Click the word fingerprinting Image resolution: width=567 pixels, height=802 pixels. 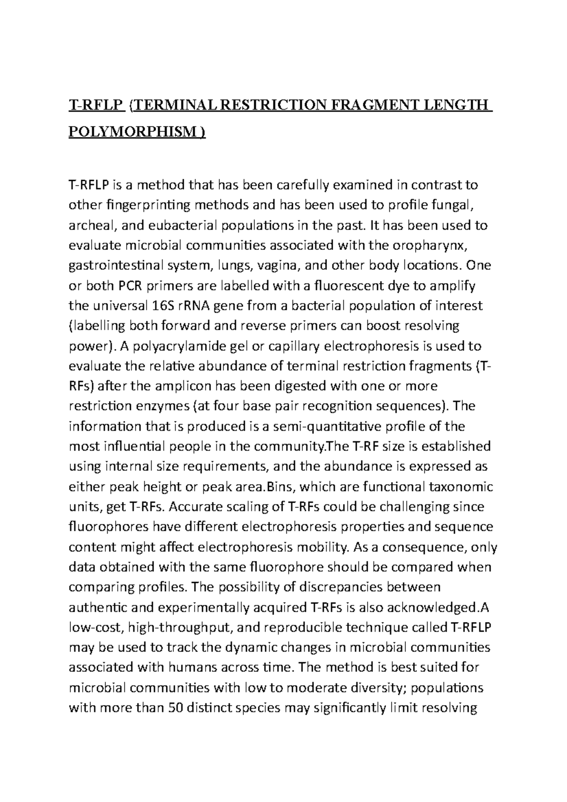133,205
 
